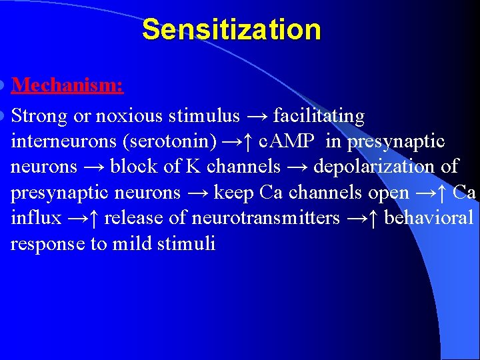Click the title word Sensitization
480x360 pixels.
(x=231, y=30)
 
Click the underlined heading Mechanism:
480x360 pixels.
(x=67, y=85)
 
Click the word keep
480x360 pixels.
(x=233, y=193)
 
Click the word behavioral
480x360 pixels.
(x=429, y=218)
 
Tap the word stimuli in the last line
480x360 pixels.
(x=187, y=243)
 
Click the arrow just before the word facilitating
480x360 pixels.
(x=258, y=117)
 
